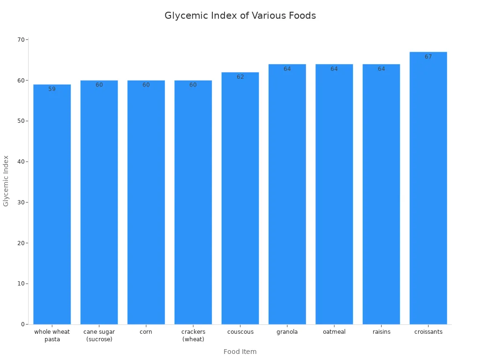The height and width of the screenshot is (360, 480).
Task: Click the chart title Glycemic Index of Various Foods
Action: tap(240, 15)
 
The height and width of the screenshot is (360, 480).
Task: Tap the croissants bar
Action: tap(428, 188)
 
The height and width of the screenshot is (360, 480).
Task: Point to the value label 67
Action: tap(428, 57)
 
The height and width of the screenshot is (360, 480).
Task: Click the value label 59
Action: tap(52, 89)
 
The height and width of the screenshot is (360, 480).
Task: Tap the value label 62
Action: tap(240, 77)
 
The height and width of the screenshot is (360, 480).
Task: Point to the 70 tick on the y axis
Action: tap(21, 39)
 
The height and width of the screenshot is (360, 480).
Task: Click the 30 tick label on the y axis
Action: tap(21, 202)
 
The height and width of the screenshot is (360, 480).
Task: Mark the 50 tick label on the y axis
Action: tap(21, 121)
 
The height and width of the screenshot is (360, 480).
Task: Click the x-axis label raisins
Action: tap(381, 332)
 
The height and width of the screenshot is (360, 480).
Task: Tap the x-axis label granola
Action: tap(287, 332)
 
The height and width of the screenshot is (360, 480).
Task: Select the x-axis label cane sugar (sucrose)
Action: tap(99, 336)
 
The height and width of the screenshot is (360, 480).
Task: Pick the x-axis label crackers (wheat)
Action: tap(193, 336)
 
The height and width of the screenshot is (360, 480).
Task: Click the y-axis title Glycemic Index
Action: tap(6, 180)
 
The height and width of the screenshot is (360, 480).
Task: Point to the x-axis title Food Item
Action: tap(240, 352)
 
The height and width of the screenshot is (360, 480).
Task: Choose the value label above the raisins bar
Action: tap(381, 69)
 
